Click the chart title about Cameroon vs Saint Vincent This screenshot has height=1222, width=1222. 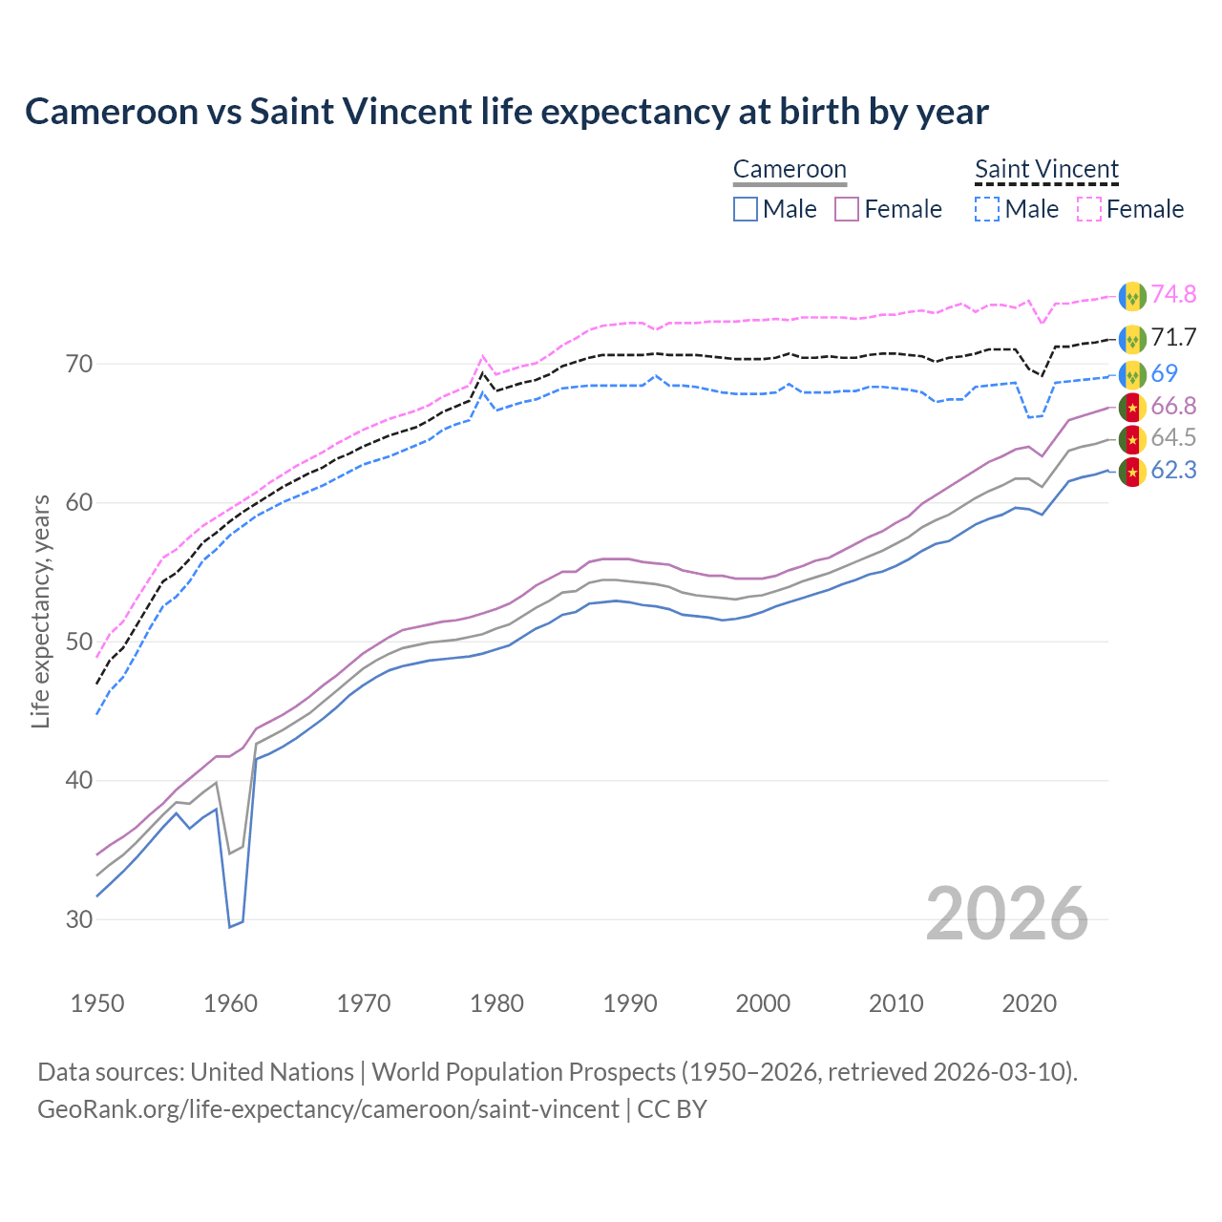pos(506,112)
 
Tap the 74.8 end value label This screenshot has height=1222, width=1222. pos(1173,294)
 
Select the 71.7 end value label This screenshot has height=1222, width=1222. pos(1173,337)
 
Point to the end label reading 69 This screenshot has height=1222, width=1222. pos(1164,373)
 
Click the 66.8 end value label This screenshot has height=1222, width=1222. pos(1173,407)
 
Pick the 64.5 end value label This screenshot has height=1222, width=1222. pos(1173,437)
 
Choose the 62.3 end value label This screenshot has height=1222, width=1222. pos(1173,470)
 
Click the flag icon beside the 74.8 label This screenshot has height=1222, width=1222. pos(1132,296)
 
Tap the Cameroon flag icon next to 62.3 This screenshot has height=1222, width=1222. pos(1132,472)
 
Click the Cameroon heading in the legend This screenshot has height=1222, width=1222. pos(790,169)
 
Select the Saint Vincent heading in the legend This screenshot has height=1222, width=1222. pos(1046,169)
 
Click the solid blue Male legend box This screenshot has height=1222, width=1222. pos(746,209)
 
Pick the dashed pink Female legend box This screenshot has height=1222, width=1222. pos(1089,209)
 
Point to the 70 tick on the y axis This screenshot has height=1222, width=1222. pos(79,364)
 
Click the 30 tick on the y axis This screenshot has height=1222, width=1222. pos(79,919)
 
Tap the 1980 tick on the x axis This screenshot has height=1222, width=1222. pos(497,1003)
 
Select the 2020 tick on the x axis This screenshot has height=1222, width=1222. pos(1029,1003)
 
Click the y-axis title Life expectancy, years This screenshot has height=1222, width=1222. pos(40,611)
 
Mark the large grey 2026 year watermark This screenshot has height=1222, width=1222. pos(1006,914)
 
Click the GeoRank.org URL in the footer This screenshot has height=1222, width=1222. pos(327,1109)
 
